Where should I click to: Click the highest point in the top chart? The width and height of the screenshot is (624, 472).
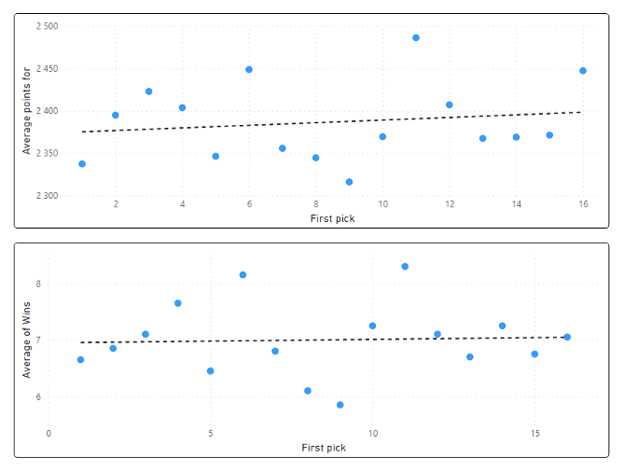coord(416,38)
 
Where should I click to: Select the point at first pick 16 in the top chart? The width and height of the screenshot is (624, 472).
coord(583,71)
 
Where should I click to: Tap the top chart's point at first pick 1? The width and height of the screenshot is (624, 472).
coord(82,164)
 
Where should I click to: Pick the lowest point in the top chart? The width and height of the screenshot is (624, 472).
coord(349,182)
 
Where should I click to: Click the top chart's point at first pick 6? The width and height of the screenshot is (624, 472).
coord(249,70)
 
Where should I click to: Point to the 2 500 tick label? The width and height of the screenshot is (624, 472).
coord(47,26)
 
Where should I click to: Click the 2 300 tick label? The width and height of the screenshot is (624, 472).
coord(47,196)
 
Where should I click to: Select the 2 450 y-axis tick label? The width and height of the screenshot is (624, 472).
coord(47,69)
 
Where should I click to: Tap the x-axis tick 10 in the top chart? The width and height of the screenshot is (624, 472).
coord(382,205)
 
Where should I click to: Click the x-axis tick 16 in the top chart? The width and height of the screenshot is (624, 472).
coord(583,205)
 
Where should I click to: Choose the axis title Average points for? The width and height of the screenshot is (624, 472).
coord(26,111)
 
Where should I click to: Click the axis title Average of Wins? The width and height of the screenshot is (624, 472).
coord(26,340)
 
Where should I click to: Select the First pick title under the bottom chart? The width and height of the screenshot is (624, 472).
coord(324,448)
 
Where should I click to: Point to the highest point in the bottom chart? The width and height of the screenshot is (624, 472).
coord(405,267)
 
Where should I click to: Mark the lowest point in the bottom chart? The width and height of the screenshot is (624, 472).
coord(340,405)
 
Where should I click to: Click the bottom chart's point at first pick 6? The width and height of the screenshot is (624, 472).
coord(243,275)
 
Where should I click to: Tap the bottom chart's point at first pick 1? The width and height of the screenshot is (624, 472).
coord(80,360)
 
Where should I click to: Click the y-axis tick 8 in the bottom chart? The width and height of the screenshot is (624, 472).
coord(38,284)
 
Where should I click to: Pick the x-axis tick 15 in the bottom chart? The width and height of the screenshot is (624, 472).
coord(535,434)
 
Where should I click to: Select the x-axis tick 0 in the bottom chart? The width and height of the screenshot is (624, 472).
coord(49,434)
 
